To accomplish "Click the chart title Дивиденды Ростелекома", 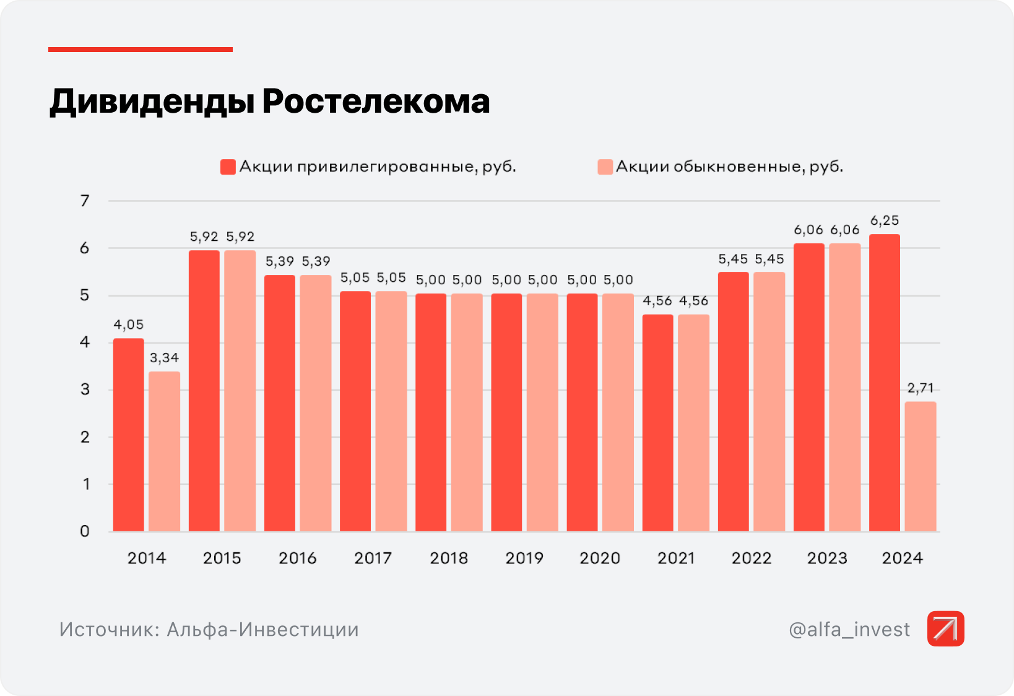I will [x=269, y=102].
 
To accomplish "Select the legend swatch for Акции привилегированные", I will [x=228, y=167].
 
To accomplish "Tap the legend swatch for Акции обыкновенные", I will [x=605, y=167].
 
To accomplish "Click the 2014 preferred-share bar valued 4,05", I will [x=128, y=435].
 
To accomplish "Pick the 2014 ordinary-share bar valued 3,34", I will [x=165, y=451].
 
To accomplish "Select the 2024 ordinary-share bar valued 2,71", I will [x=920, y=466].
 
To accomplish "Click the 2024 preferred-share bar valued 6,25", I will [x=884, y=383].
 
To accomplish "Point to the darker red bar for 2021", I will [x=657, y=423].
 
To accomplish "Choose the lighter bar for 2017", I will [x=391, y=411].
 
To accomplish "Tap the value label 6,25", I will [x=884, y=221].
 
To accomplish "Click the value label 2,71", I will [x=920, y=388].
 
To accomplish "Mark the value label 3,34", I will [x=164, y=358].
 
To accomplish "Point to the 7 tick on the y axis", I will [x=85, y=201].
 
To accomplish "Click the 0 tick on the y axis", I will [x=85, y=531].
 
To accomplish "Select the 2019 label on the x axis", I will [x=524, y=559].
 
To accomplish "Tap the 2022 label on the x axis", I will [x=751, y=559].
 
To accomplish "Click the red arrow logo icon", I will [x=945, y=629].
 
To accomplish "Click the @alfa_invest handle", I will [x=849, y=630].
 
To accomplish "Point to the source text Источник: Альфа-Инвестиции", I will [x=209, y=630].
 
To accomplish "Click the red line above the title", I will [x=141, y=50].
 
